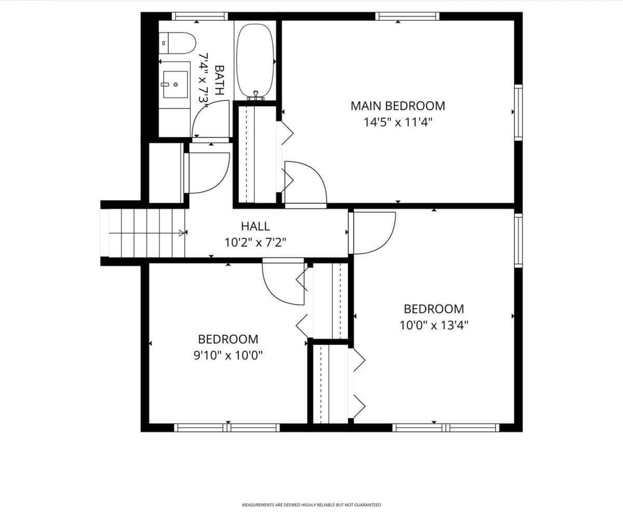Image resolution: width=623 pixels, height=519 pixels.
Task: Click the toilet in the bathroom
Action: [x=177, y=43]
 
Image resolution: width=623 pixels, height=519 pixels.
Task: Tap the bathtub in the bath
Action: [x=255, y=61]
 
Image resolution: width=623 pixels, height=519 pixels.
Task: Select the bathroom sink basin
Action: [x=175, y=85]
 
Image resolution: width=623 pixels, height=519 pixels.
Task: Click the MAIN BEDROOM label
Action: [x=398, y=106]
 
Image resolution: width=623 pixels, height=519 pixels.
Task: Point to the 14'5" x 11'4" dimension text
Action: [x=398, y=122]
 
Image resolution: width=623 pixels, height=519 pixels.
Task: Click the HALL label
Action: [x=255, y=226]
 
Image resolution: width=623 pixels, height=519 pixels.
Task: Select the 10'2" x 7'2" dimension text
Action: [x=255, y=243]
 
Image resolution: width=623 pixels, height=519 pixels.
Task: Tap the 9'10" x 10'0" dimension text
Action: [x=228, y=356]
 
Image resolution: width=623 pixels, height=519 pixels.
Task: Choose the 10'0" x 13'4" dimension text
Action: [x=434, y=325]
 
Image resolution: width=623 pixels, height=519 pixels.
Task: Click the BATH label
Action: [x=219, y=80]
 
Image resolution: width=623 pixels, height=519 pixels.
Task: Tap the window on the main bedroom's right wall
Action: [x=519, y=113]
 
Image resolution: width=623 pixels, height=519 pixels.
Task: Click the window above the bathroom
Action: [x=200, y=16]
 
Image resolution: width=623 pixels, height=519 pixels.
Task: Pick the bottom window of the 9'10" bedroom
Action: [x=227, y=428]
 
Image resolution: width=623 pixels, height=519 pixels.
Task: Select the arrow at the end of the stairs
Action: [x=181, y=233]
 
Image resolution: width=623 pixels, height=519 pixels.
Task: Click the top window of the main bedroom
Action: [x=407, y=16]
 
